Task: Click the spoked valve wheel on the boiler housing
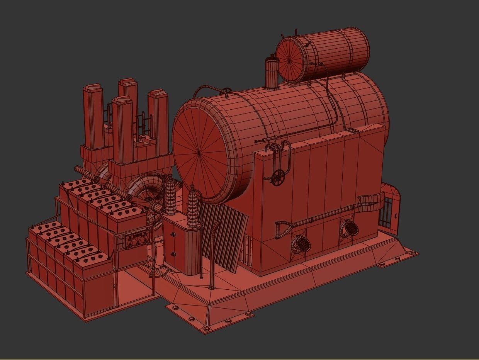click(x=278, y=177)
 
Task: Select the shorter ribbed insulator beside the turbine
click(x=170, y=195)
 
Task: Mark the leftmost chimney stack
click(x=93, y=116)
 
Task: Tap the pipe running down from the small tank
click(x=330, y=97)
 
